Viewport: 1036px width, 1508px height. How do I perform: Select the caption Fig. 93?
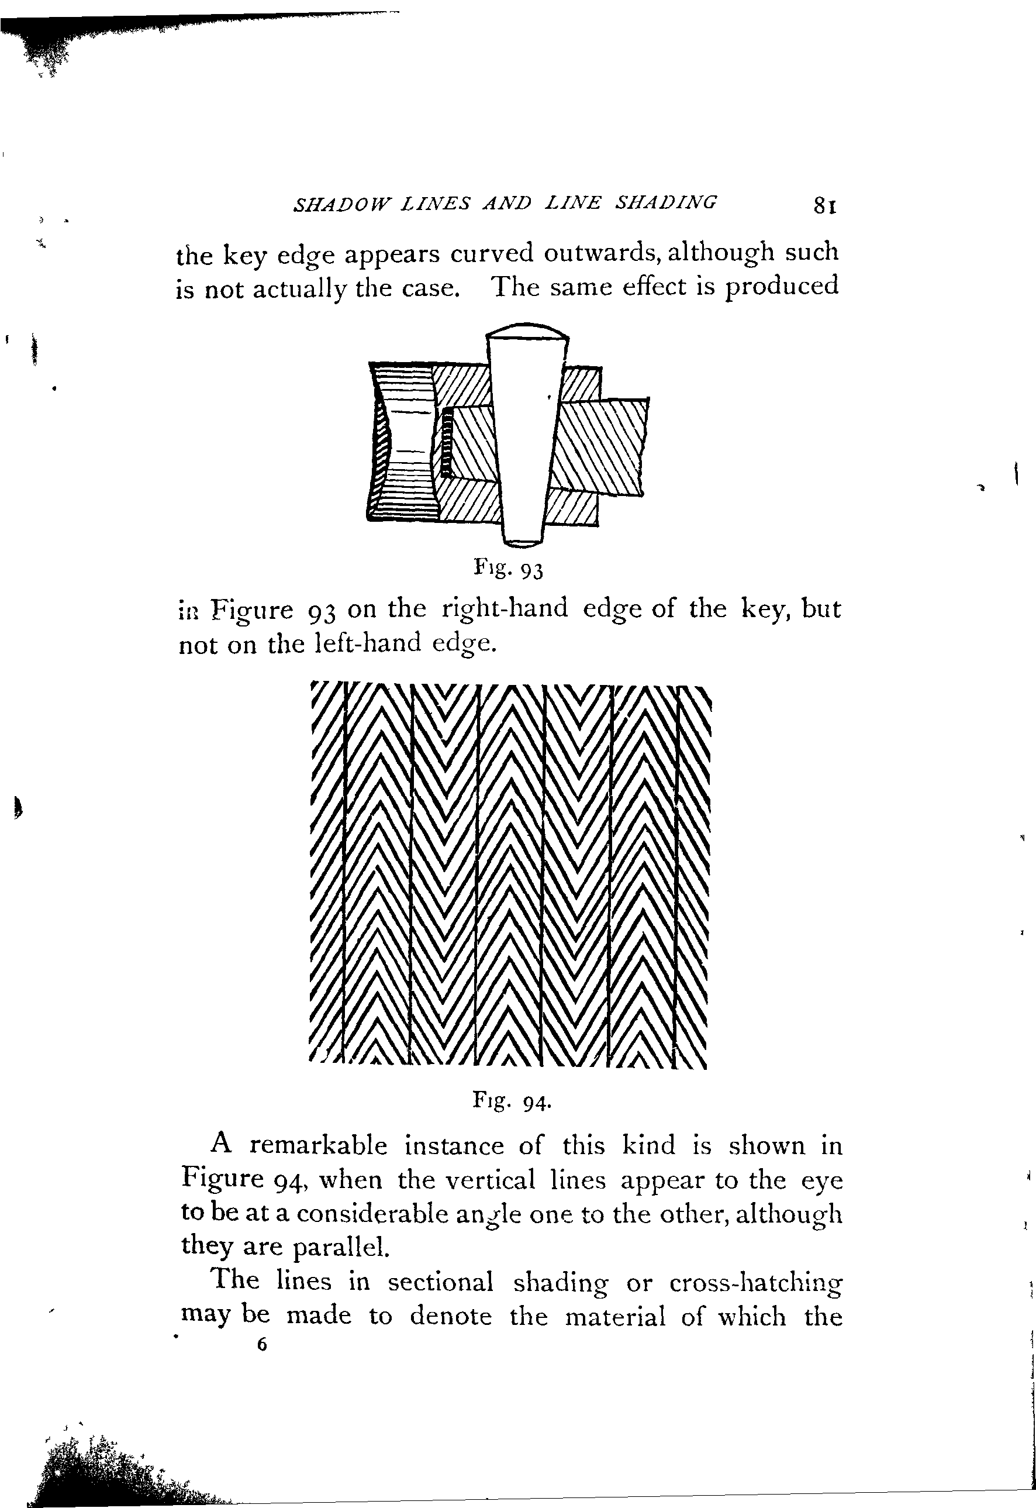(x=507, y=569)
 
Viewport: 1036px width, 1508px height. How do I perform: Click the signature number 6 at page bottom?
(x=261, y=1344)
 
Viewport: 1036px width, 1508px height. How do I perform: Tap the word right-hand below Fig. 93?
(x=505, y=608)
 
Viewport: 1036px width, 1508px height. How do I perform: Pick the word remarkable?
(x=318, y=1144)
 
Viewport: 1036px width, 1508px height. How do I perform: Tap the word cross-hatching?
(x=755, y=1282)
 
